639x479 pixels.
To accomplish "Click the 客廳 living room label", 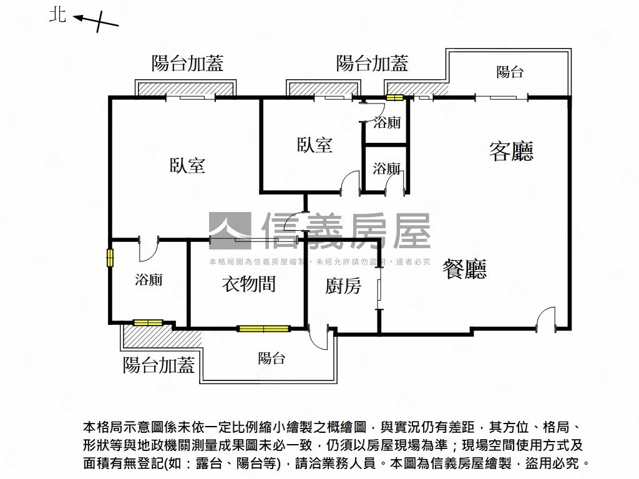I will [x=511, y=151].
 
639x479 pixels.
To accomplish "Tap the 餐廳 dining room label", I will [x=464, y=269].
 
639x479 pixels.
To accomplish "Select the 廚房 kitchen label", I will [x=343, y=286].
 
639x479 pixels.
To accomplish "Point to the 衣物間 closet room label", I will [x=248, y=284].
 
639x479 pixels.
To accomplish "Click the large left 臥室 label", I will [x=187, y=166].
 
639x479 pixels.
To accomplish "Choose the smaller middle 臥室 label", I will [x=315, y=145].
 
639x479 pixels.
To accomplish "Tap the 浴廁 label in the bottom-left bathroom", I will [x=149, y=280].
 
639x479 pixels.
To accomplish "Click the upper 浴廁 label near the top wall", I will [x=387, y=123].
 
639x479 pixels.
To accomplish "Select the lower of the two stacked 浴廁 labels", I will [x=387, y=168].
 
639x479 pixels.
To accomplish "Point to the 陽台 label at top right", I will [x=509, y=72].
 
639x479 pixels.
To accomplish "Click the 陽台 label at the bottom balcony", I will [x=271, y=359].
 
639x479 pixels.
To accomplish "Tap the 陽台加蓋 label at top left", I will [x=187, y=63].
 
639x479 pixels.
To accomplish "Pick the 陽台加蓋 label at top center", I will [x=372, y=63].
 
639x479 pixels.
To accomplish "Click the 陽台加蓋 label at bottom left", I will [x=159, y=365].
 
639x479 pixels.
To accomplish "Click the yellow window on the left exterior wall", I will [x=110, y=258].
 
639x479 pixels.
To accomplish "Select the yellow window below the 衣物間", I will [x=264, y=328].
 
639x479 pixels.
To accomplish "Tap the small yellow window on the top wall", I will [x=395, y=97].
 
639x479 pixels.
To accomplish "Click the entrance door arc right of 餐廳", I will [x=545, y=318].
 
